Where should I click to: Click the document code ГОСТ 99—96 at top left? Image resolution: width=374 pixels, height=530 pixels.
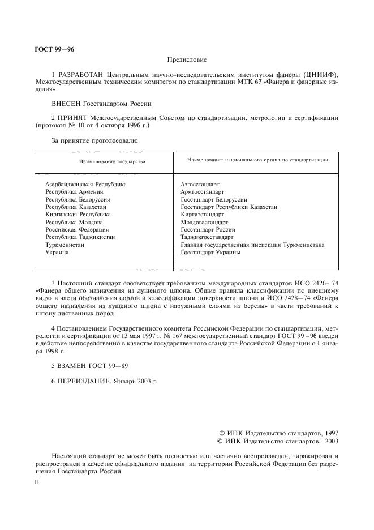54,49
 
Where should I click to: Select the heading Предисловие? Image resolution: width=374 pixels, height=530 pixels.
187,59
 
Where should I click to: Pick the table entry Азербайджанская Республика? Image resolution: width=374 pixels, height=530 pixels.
86,185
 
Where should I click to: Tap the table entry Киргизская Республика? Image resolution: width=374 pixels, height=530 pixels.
78,215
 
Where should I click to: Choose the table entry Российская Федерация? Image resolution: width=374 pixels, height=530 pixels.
77,230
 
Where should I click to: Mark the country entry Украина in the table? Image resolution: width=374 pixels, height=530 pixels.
57,253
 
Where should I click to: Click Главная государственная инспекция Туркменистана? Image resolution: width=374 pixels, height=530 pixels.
252,245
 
